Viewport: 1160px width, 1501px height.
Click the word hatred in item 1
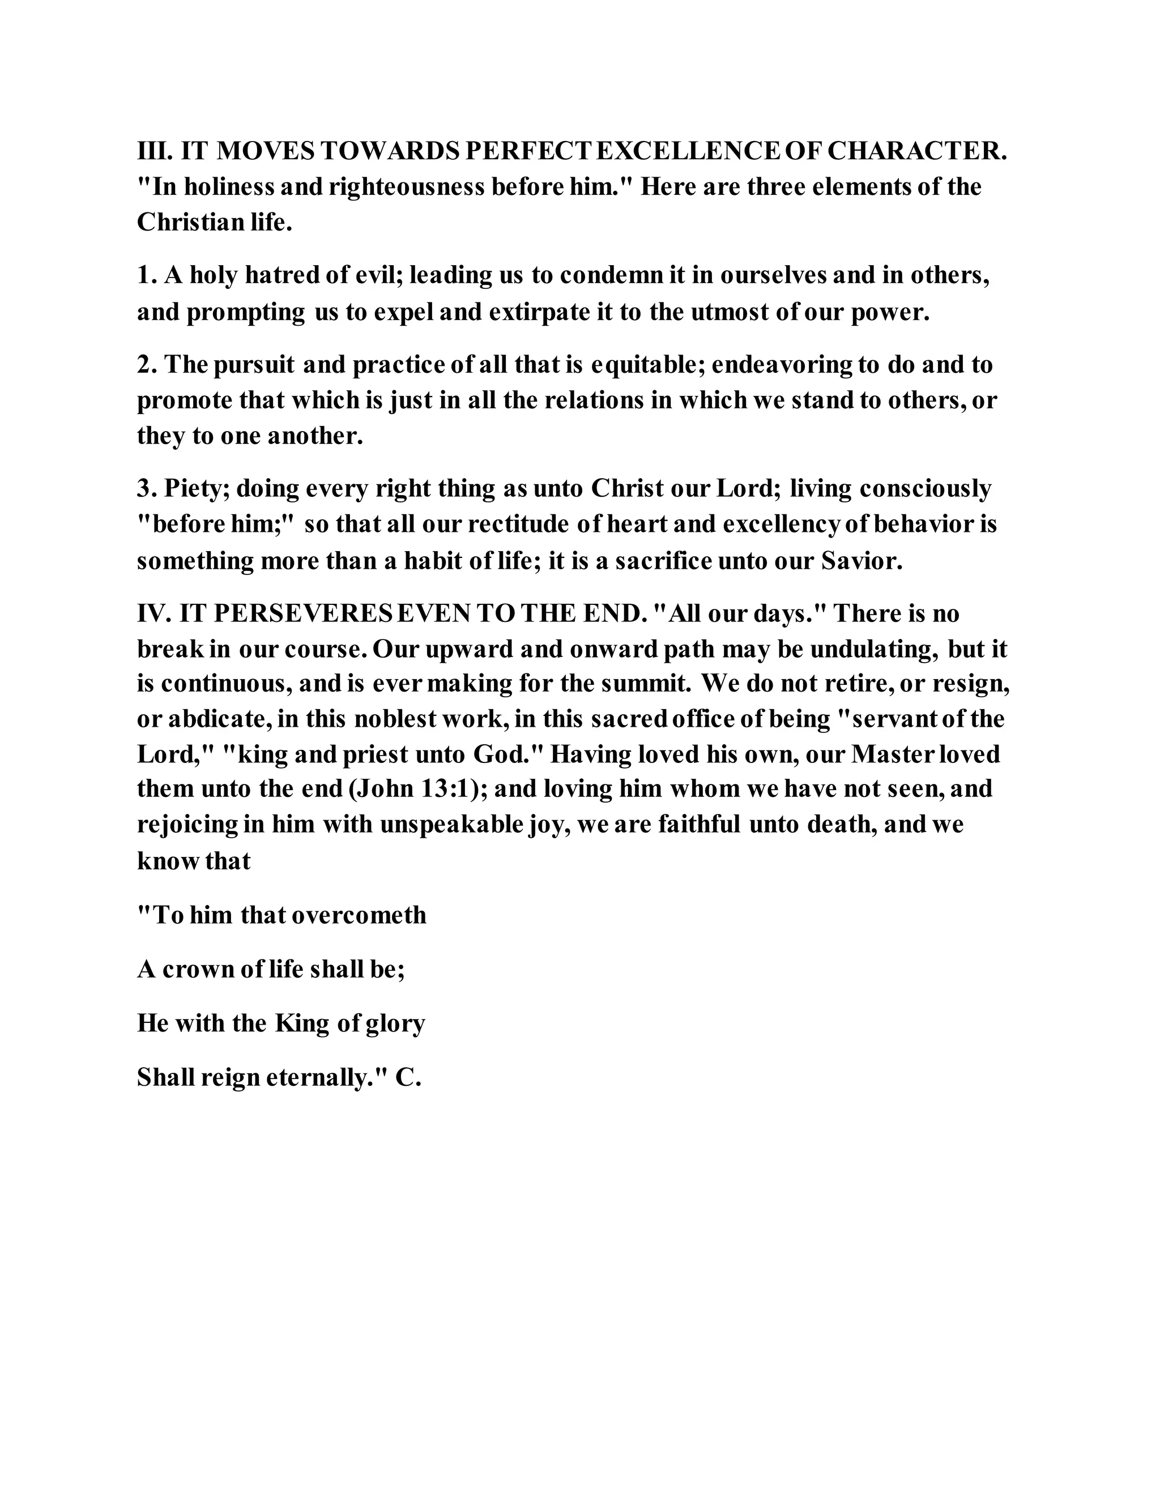point(281,276)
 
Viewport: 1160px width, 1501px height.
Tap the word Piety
point(199,489)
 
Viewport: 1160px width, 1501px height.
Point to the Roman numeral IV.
point(154,614)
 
